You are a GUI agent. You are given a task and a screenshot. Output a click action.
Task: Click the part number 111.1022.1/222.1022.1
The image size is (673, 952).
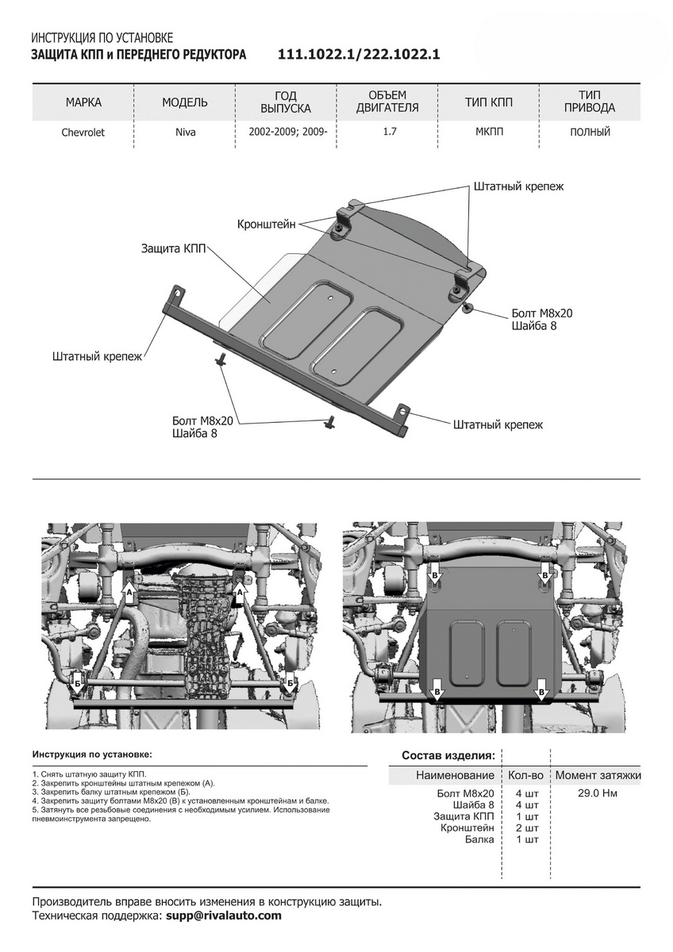[359, 55]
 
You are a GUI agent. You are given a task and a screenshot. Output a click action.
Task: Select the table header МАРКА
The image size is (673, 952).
[83, 102]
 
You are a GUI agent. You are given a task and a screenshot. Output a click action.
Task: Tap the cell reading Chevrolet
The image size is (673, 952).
[83, 132]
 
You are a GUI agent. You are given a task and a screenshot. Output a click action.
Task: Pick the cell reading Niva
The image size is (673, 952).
[185, 132]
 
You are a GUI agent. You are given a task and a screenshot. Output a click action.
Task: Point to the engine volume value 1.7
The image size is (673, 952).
[390, 132]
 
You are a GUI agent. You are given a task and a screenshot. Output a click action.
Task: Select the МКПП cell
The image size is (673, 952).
[489, 132]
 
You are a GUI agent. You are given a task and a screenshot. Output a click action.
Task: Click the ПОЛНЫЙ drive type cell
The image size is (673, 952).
[590, 132]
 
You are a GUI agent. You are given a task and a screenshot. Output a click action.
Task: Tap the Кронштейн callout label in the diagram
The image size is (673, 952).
[266, 225]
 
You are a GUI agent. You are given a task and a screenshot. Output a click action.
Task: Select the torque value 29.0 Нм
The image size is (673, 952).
[598, 793]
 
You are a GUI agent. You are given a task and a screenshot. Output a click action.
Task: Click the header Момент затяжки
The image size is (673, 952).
[598, 775]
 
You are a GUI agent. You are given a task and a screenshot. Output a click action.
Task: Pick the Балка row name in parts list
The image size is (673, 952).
[479, 839]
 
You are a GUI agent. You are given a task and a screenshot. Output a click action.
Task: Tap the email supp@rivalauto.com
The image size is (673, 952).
[223, 916]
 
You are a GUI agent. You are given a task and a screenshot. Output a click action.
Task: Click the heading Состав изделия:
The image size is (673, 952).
[448, 754]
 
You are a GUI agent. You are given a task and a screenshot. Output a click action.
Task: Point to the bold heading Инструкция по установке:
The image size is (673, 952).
[92, 754]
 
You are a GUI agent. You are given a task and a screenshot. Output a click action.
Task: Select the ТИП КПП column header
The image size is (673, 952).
[489, 102]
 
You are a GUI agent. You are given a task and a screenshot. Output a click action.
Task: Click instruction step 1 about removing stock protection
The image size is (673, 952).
[90, 773]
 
